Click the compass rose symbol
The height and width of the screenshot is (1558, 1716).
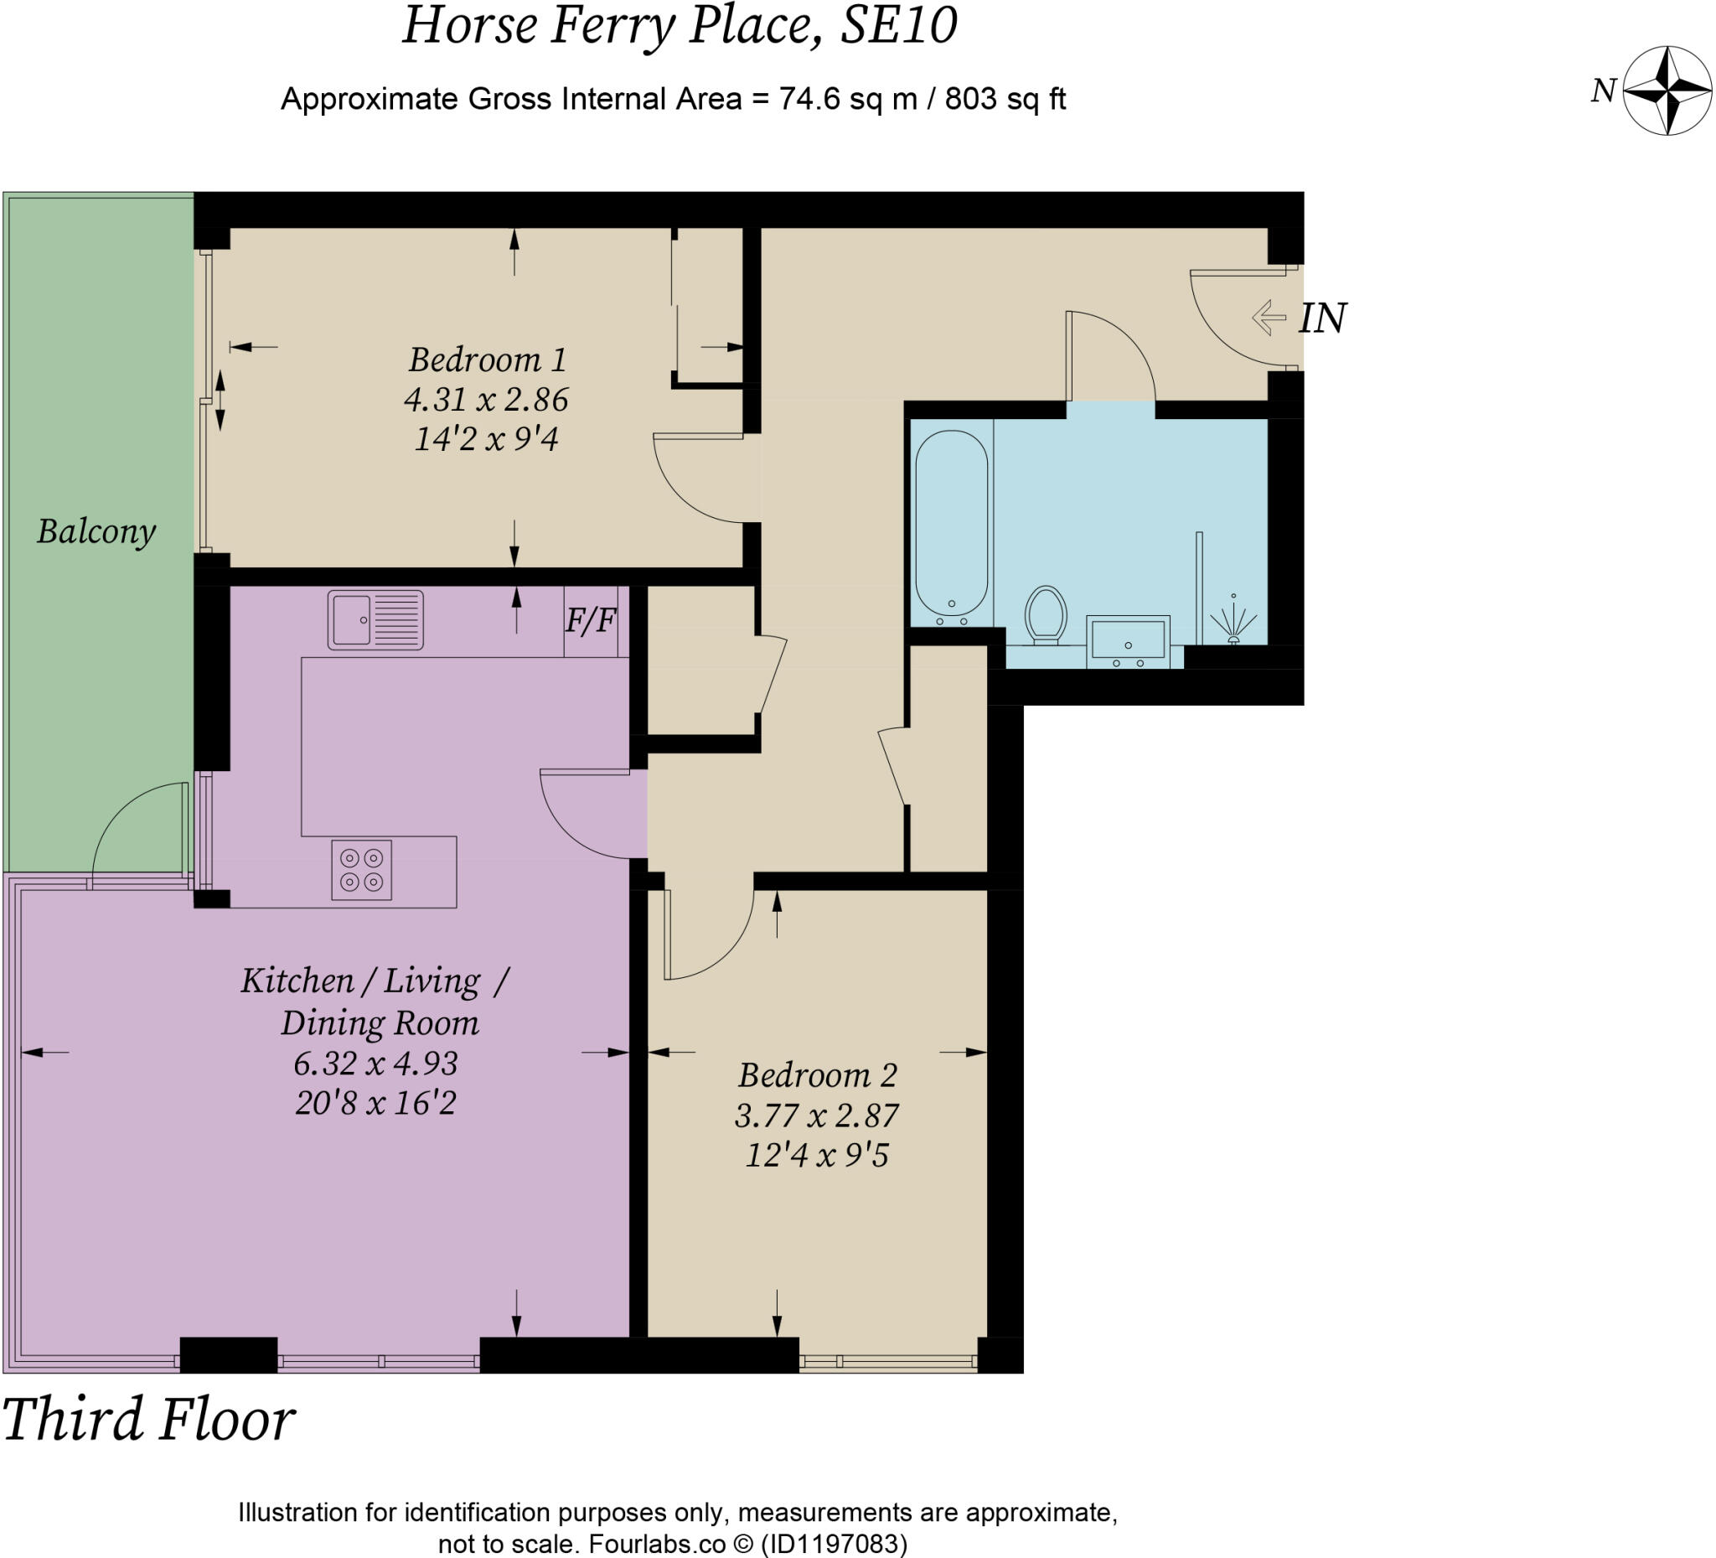[x=1667, y=91]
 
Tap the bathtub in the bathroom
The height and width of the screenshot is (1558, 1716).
[x=952, y=523]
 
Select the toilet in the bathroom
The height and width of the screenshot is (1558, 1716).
[x=1047, y=613]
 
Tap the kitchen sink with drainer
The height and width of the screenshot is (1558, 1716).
[x=375, y=620]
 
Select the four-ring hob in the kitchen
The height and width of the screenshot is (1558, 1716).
[x=362, y=870]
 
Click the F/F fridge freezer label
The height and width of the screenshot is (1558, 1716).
[x=591, y=621]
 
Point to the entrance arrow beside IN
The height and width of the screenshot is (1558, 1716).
[x=1269, y=318]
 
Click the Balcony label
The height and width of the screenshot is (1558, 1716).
[x=96, y=532]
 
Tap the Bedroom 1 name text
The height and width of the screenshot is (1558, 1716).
[x=488, y=360]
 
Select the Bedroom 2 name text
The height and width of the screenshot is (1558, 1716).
[x=817, y=1075]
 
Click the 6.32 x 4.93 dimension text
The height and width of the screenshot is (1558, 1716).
[x=375, y=1064]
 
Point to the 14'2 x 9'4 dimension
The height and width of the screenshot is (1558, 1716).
[x=486, y=439]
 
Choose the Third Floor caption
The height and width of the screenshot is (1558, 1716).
[x=149, y=1419]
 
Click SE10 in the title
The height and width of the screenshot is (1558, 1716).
[x=899, y=24]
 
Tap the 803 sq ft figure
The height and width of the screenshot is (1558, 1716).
[x=1005, y=100]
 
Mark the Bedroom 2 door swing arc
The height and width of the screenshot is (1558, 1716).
[x=731, y=955]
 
